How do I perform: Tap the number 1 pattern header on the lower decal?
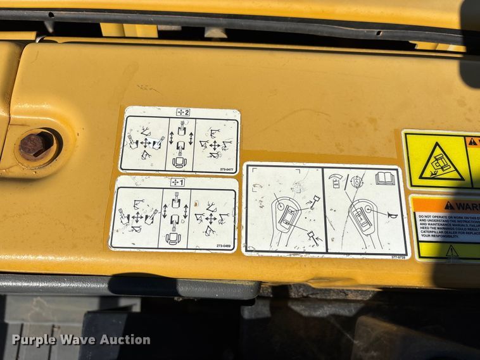pyautogui.click(x=178, y=183)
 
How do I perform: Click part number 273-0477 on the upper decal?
pyautogui.click(x=227, y=169)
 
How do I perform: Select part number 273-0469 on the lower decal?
pyautogui.click(x=223, y=245)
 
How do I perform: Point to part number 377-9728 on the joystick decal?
pyautogui.click(x=397, y=257)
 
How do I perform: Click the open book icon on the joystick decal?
pyautogui.click(x=385, y=178)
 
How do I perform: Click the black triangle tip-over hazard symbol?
pyautogui.click(x=438, y=163)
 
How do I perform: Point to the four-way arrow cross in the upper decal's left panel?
pyautogui.click(x=146, y=143)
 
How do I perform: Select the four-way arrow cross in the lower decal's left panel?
pyautogui.click(x=137, y=217)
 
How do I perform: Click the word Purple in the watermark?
pyautogui.click(x=34, y=340)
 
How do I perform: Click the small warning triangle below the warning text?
pyautogui.click(x=451, y=251)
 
